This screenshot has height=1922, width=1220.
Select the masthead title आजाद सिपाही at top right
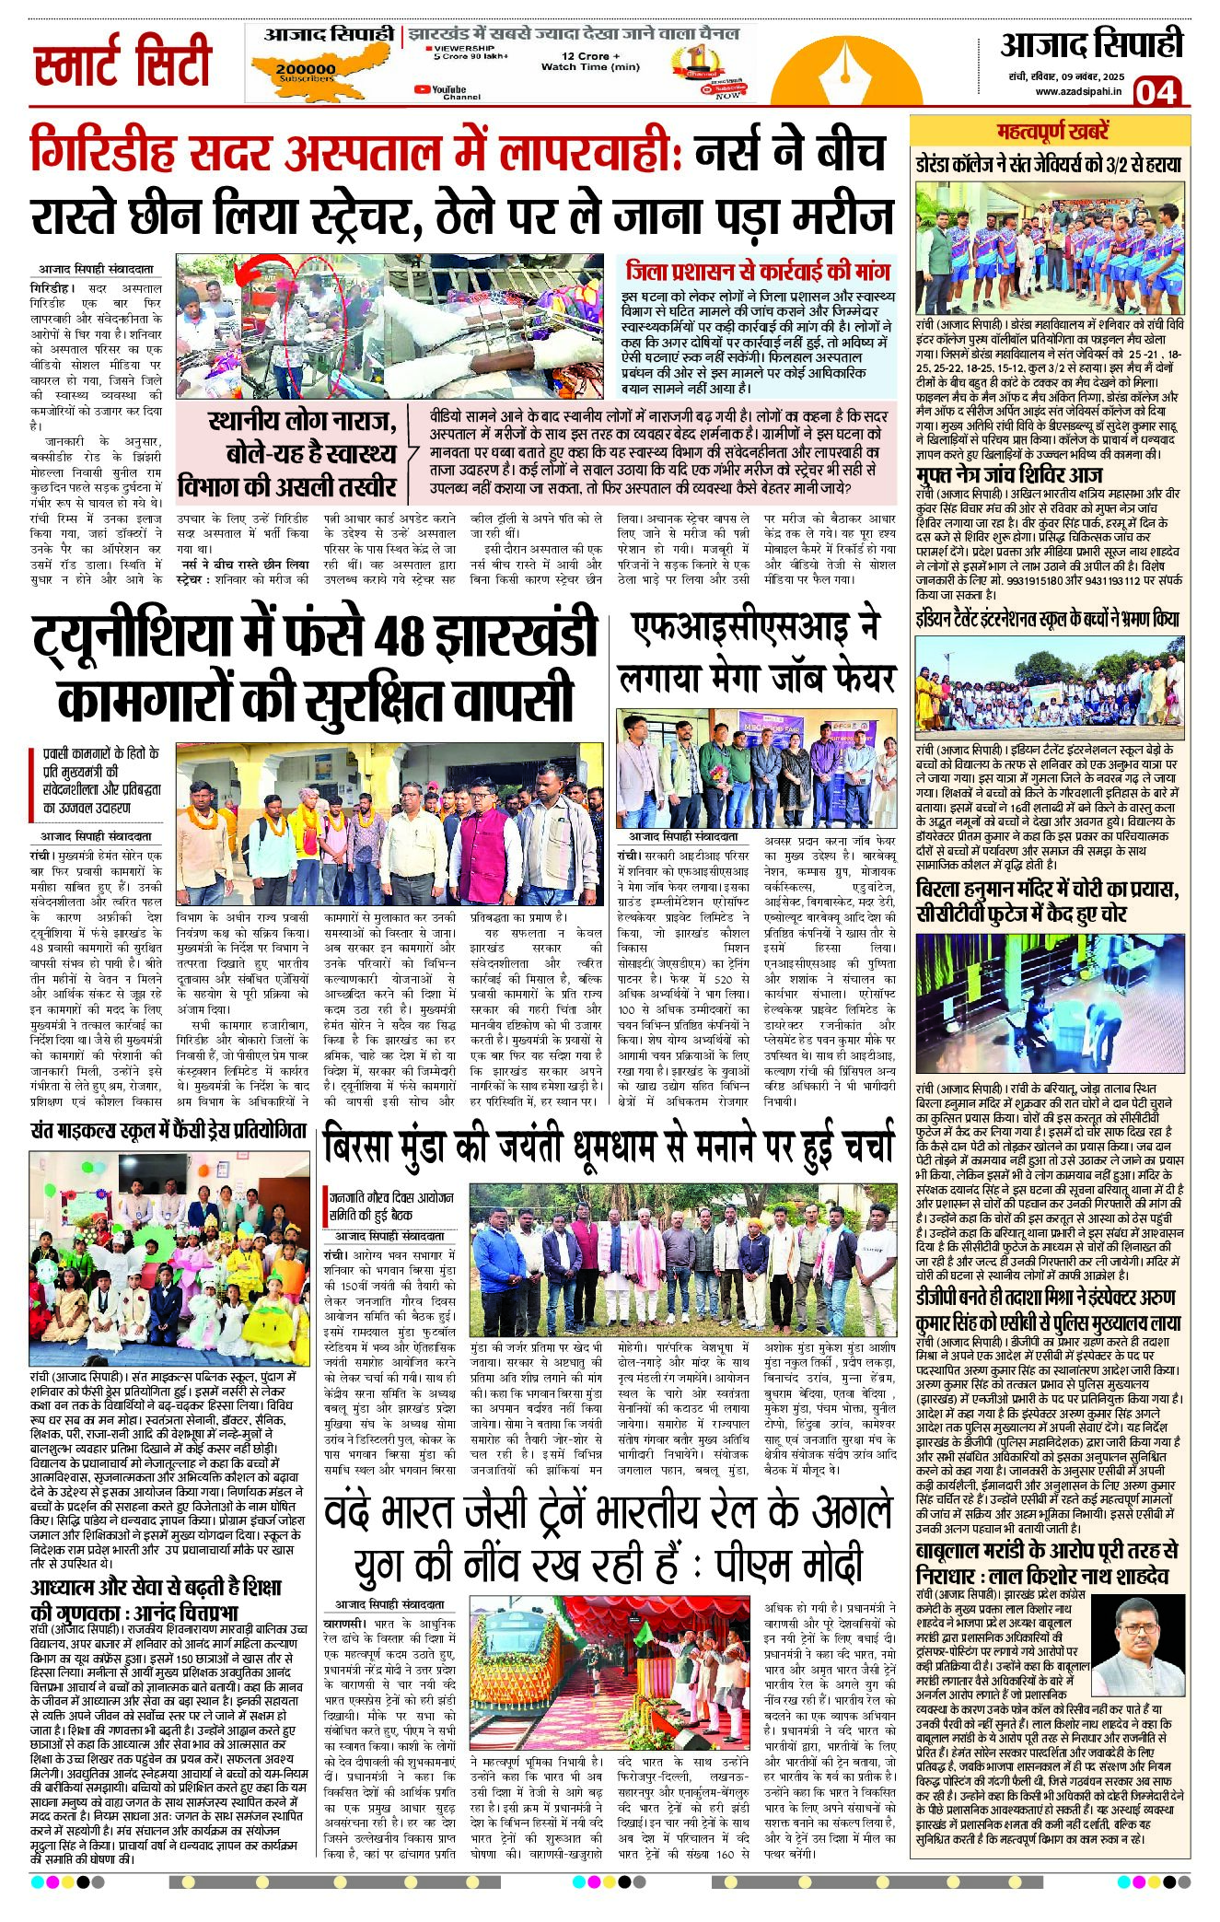coord(1091,45)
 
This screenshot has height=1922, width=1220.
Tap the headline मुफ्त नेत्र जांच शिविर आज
coord(1008,475)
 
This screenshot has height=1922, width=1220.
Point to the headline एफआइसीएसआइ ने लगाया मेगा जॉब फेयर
coord(757,652)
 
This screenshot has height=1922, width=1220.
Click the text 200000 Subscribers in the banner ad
coord(306,73)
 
